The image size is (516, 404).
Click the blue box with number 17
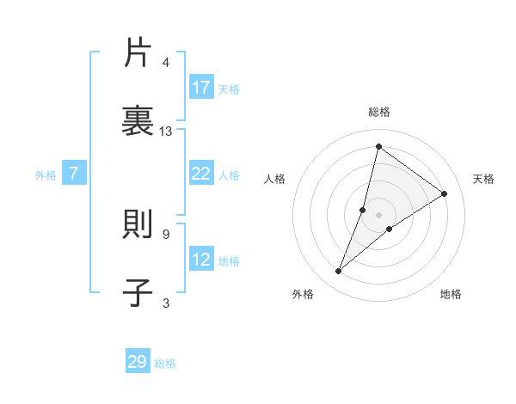coord(201,88)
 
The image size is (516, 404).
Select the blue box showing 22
coord(201,174)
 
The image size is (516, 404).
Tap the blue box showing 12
coord(201,260)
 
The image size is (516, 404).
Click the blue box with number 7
coord(74,174)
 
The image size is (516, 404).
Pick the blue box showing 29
coord(138,362)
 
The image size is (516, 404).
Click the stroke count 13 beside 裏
coord(166,132)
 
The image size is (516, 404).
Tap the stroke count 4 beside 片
coord(165,63)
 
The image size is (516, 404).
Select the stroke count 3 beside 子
coord(165,302)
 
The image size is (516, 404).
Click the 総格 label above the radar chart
coord(379,112)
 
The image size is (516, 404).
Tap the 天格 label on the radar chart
coord(483,179)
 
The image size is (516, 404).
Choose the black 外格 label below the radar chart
coord(303,294)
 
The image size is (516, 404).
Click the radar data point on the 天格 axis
coord(445,193)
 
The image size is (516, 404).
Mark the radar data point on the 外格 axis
coord(339,272)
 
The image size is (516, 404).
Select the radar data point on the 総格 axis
coord(378,146)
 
